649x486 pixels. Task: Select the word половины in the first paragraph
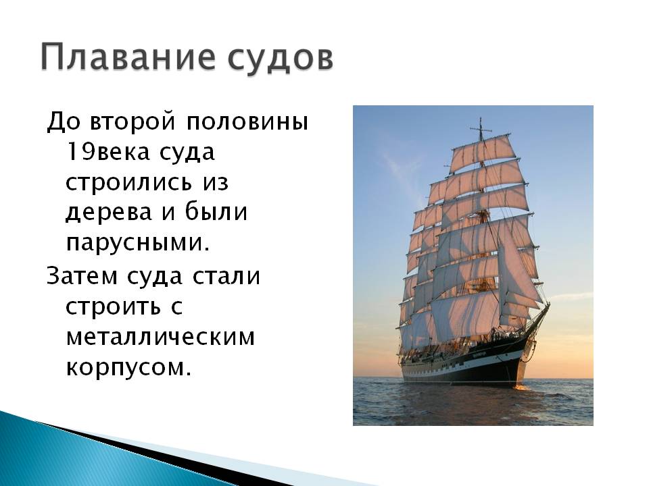(x=247, y=122)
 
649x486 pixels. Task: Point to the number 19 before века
(x=76, y=152)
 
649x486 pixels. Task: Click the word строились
(x=128, y=182)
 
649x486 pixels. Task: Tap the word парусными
(x=138, y=244)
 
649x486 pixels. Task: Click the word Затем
(x=82, y=276)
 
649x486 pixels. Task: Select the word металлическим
(x=161, y=337)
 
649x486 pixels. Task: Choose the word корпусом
(x=128, y=367)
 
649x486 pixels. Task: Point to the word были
(x=216, y=213)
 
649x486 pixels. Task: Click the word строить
(x=113, y=306)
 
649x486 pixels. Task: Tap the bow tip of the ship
(x=548, y=305)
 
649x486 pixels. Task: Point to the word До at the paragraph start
(x=62, y=122)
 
